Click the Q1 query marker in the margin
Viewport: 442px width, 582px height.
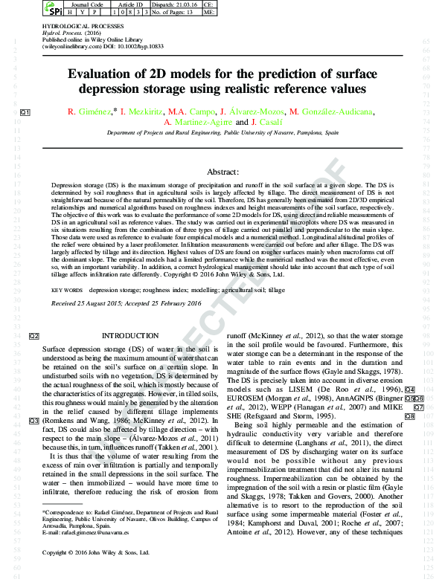pyautogui.click(x=24, y=112)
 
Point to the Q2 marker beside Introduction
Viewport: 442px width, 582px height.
pyautogui.click(x=33, y=336)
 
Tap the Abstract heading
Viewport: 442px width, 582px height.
pyautogui.click(x=220, y=170)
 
